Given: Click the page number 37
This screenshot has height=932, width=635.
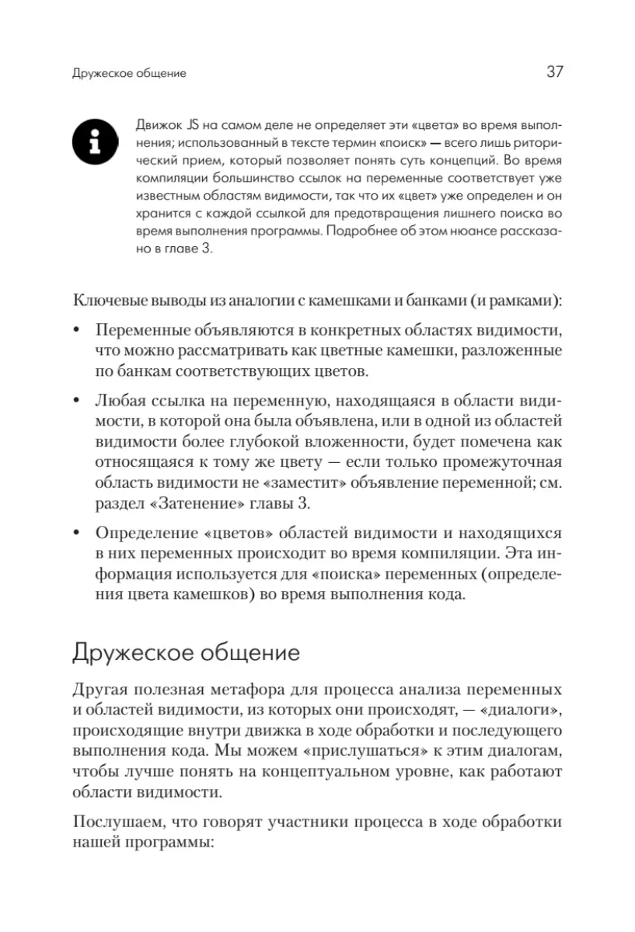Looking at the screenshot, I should click(x=554, y=72).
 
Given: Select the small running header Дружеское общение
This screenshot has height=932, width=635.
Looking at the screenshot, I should click(x=129, y=75).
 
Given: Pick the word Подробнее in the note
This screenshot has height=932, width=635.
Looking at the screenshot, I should click(x=360, y=231).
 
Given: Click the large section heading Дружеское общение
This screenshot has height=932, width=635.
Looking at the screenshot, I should click(x=186, y=652).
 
